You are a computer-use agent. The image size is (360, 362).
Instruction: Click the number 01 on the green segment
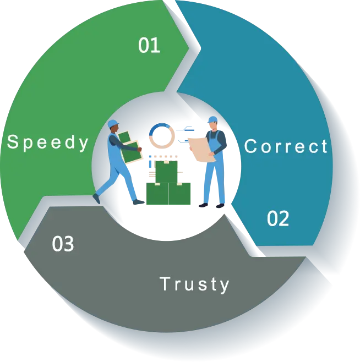[x=149, y=45]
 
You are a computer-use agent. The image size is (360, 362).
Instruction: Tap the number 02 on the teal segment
[x=278, y=218]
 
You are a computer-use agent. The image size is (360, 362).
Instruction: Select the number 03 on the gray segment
[x=63, y=244]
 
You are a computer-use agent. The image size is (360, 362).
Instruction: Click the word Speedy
[x=48, y=142]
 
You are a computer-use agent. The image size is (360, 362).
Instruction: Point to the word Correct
[x=286, y=146]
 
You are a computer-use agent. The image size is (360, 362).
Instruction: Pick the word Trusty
[x=194, y=284]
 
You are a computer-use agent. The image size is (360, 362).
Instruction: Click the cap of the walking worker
[x=112, y=123]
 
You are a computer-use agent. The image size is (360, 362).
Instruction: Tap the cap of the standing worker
[x=212, y=119]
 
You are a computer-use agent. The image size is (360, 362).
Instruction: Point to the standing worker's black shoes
[x=211, y=207]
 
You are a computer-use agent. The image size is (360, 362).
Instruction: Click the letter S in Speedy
[x=12, y=142]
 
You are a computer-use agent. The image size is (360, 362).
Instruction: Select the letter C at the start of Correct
[x=250, y=147]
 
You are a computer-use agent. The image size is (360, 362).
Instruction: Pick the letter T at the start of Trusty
[x=164, y=284]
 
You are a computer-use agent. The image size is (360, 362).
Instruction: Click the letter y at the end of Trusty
[x=224, y=286]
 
